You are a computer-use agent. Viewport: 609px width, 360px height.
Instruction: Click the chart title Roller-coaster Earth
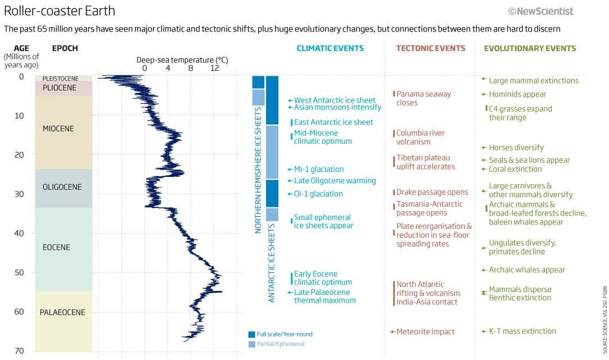59,11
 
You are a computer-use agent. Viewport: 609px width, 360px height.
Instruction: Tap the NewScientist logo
541,11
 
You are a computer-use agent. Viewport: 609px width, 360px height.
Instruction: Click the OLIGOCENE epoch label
62,187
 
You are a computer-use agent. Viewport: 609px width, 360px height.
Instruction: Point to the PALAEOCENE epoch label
62,312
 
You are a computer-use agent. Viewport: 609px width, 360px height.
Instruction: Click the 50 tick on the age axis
20,272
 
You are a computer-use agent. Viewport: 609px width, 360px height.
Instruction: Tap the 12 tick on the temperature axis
214,69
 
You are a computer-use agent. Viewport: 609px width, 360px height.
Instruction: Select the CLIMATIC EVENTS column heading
330,48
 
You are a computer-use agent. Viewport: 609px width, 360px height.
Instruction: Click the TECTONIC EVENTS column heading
431,48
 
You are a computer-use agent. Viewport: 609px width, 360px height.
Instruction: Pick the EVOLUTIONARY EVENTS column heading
530,48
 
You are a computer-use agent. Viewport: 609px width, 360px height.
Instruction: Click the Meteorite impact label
425,332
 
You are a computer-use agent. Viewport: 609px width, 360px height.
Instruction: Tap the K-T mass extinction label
522,331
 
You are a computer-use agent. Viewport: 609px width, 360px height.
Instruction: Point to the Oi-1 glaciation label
318,194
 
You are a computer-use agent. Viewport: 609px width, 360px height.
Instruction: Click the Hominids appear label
518,94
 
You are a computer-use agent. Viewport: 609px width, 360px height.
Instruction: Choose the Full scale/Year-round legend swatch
251,334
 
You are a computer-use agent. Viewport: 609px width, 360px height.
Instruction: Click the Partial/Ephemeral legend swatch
251,344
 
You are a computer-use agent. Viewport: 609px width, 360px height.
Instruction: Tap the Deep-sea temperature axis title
182,60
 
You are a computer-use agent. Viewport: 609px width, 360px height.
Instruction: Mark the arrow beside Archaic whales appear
483,270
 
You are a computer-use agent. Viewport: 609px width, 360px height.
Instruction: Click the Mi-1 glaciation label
319,169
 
